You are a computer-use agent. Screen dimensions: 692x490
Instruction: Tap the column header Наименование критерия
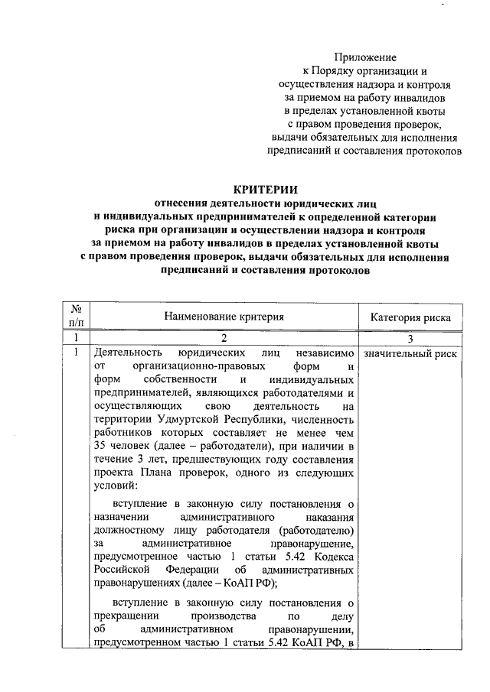click(223, 316)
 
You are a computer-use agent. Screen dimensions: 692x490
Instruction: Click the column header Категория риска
click(410, 317)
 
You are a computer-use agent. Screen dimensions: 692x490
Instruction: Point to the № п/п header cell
click(77, 316)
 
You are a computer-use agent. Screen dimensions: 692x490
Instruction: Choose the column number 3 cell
click(410, 338)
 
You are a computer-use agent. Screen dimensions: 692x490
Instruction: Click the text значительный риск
click(410, 354)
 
